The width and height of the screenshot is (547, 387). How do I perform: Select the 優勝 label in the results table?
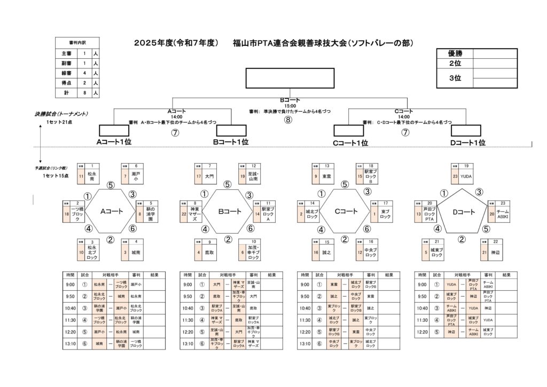[x=455, y=53]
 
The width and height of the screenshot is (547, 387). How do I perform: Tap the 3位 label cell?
[x=455, y=78]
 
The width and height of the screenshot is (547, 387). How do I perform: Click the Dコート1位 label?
[x=467, y=142]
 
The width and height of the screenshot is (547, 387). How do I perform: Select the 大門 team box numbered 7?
[x=210, y=176]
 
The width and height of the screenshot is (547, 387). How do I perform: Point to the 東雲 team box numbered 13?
[x=327, y=176]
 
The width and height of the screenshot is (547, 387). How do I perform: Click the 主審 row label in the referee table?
[x=66, y=54]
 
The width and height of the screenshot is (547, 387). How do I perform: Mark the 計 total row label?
[x=66, y=92]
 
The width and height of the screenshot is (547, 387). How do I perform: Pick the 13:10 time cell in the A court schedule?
[x=70, y=344]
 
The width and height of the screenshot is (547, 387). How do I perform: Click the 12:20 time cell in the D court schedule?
[x=421, y=332]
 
